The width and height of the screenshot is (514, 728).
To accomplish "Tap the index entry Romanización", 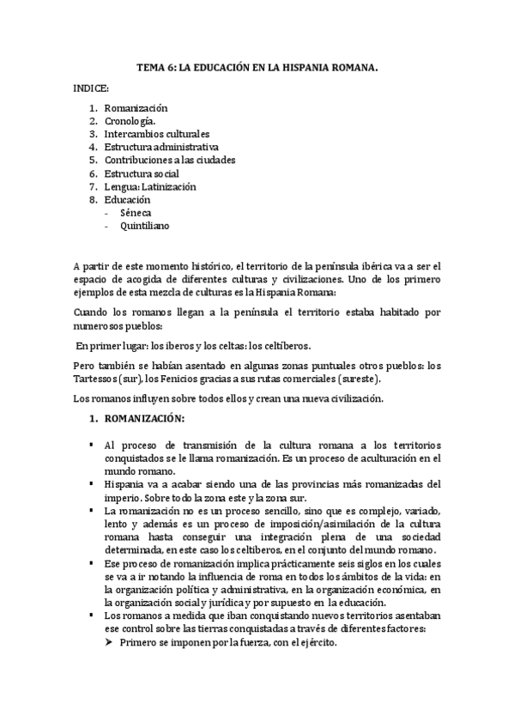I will pos(136,108).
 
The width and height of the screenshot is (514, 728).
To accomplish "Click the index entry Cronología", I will pos(130,121).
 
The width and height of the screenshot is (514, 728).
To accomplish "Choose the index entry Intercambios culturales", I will pos(156,134).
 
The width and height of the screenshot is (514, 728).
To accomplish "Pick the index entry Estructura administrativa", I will pos(160,147).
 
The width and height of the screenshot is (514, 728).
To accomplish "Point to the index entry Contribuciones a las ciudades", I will pos(169,160).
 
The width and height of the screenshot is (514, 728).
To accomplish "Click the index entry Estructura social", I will pos(142,173).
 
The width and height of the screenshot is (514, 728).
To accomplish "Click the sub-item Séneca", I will pos(135,212).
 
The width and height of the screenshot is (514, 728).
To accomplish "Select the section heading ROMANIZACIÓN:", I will pos(143,418).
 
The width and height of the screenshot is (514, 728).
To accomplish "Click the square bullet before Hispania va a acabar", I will pos(90,483).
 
